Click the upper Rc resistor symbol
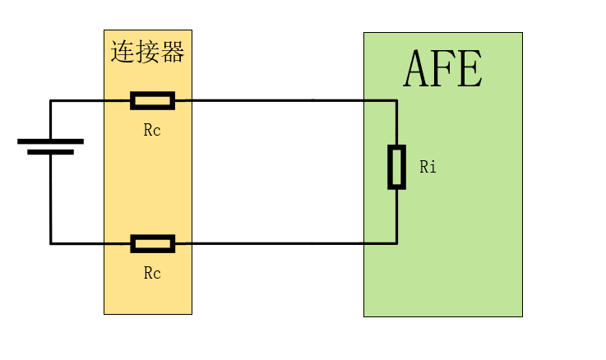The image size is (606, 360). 152,100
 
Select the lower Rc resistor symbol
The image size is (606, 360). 152,243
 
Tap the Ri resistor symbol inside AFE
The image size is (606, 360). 396,167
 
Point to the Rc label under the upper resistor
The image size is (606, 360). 152,131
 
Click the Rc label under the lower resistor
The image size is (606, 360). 152,274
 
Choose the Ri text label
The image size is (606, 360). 428,168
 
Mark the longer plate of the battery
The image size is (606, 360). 50,141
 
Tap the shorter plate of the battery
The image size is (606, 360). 50,152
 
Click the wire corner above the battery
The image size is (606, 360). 51,101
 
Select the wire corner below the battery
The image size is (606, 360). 51,243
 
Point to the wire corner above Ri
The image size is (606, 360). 396,101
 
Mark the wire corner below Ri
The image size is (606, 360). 396,243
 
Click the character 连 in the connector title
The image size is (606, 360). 123,52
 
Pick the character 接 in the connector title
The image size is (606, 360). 147,52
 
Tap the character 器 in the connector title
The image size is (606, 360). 172,52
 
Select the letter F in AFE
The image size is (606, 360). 443,69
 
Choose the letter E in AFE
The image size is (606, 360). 469,69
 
